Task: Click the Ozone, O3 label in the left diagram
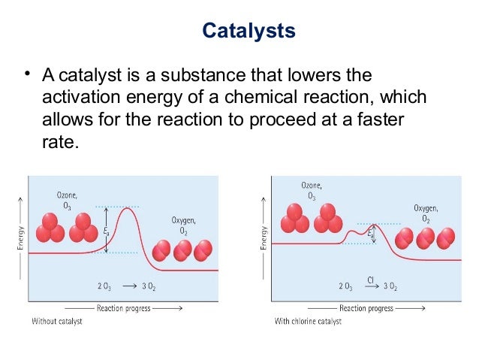click(66, 200)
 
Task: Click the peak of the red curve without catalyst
click(130, 208)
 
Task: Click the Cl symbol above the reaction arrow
click(371, 280)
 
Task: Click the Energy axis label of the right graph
click(264, 234)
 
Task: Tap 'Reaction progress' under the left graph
click(123, 308)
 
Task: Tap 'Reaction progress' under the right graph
click(366, 308)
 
